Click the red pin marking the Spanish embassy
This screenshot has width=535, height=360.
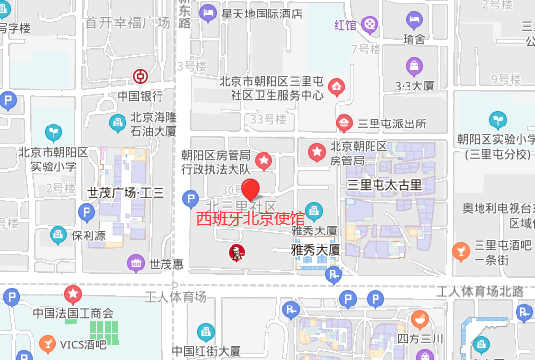(251, 190)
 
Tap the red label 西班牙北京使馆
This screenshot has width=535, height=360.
(251, 219)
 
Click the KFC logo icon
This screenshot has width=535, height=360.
(233, 253)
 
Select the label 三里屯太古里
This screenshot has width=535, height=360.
(385, 184)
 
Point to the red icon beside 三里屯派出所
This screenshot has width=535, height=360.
(342, 123)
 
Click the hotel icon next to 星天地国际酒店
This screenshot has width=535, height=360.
(205, 15)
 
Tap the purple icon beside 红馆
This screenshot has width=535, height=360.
(369, 24)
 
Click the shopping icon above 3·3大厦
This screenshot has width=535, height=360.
(415, 66)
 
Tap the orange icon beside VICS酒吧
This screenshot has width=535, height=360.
(48, 344)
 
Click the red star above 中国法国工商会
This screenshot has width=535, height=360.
(73, 293)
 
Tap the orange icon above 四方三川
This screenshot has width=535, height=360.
(419, 318)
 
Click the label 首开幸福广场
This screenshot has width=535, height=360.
(127, 21)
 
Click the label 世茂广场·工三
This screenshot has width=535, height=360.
(125, 193)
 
